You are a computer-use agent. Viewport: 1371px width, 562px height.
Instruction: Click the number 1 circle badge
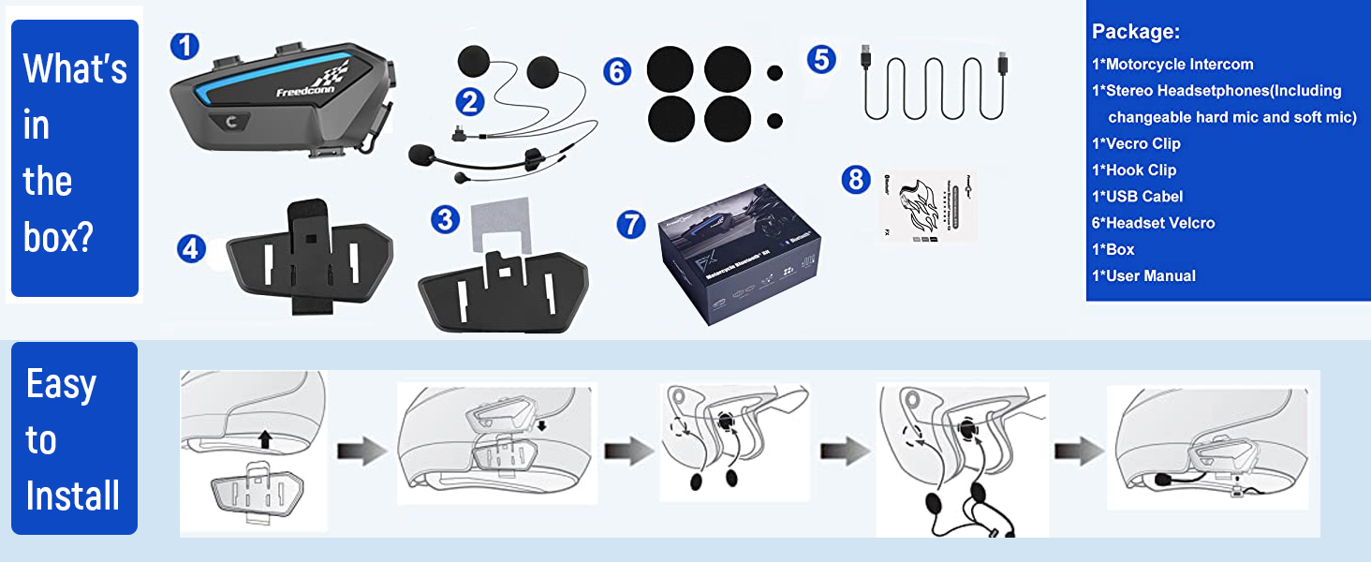(x=185, y=46)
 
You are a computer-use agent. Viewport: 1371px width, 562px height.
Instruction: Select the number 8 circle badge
(x=856, y=178)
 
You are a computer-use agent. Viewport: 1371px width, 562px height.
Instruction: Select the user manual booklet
(x=926, y=205)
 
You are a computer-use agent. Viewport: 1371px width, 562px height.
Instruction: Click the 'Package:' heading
(x=1135, y=32)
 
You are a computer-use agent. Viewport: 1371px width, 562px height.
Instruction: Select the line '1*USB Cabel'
(x=1137, y=197)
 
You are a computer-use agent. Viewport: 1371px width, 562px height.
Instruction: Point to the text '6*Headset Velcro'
(x=1153, y=223)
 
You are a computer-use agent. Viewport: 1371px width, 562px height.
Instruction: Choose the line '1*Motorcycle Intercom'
(x=1172, y=65)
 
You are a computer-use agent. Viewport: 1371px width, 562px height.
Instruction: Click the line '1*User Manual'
(x=1143, y=275)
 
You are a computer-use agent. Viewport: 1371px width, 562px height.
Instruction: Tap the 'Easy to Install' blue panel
(x=73, y=438)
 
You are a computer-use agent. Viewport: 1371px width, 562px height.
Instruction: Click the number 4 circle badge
(x=191, y=248)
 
